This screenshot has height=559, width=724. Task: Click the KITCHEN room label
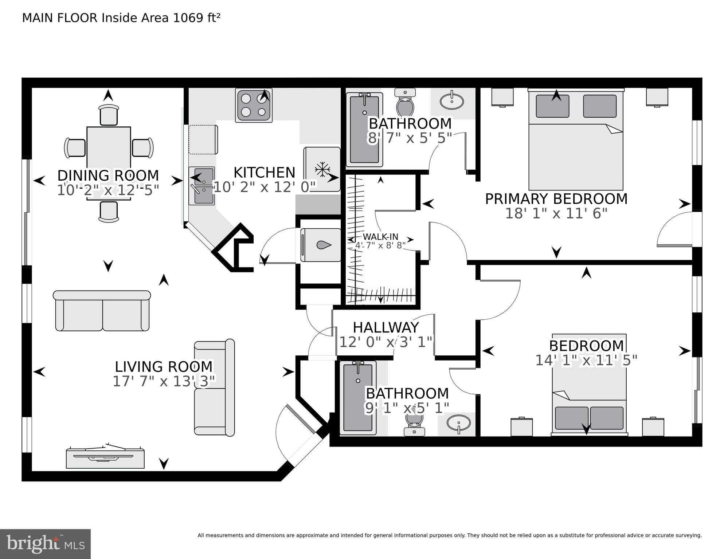[x=264, y=172]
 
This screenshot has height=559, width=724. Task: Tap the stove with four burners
[x=254, y=105]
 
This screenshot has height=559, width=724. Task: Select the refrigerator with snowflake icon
[x=322, y=169]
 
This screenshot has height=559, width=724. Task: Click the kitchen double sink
[x=202, y=186]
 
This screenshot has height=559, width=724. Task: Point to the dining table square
[x=109, y=147]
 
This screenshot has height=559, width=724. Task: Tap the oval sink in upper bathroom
[x=452, y=101]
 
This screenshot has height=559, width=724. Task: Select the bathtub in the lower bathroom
[x=358, y=398]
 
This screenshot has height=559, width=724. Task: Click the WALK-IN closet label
[x=380, y=237]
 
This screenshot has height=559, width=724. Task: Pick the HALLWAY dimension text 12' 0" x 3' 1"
[x=386, y=342]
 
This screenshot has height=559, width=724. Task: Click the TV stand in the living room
[x=105, y=458]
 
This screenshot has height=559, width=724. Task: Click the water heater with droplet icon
[x=321, y=245]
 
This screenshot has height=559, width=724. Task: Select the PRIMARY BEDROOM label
[x=556, y=199]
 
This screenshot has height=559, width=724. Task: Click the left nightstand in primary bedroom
[x=502, y=97]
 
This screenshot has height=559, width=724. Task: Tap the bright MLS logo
[x=45, y=544]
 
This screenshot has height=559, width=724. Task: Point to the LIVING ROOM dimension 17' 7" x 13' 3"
[x=164, y=381]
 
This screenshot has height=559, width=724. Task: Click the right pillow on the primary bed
[x=600, y=106]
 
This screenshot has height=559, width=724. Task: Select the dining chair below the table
[x=109, y=211]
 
